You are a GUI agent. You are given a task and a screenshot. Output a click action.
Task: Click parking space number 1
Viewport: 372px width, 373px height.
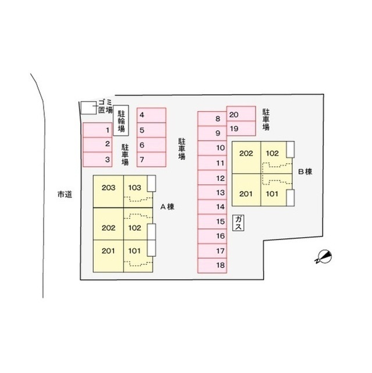pyautogui.click(x=97, y=130)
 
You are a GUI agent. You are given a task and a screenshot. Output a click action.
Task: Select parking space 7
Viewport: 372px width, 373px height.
pyautogui.click(x=151, y=159)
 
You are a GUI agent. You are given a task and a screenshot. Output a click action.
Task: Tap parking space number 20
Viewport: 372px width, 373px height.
pyautogui.click(x=241, y=114)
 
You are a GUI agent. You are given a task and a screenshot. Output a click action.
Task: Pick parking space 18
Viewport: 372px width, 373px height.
pyautogui.click(x=212, y=266)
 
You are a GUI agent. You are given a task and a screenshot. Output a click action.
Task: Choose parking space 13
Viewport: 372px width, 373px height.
pyautogui.click(x=212, y=192)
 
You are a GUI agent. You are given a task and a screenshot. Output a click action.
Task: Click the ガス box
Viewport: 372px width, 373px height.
pyautogui.click(x=238, y=223)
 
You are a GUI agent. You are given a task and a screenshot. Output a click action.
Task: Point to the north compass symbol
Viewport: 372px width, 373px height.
pyautogui.click(x=323, y=257)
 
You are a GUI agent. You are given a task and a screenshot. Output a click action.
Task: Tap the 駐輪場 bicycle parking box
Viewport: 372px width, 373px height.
pyautogui.click(x=121, y=121)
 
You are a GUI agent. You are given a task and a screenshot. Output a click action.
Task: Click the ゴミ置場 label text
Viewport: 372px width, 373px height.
pyautogui.click(x=105, y=106)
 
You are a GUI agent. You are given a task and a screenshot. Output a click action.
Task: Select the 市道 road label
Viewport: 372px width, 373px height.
pyautogui.click(x=65, y=195)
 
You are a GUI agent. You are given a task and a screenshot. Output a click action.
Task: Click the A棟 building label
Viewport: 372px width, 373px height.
pyautogui.click(x=167, y=207)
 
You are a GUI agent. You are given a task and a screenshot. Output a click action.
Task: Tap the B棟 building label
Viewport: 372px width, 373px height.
pyautogui.click(x=305, y=172)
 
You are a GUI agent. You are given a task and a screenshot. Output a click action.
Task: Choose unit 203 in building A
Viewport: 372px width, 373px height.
pyautogui.click(x=108, y=192)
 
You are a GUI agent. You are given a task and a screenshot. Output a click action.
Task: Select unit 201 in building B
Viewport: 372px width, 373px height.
pyautogui.click(x=246, y=190)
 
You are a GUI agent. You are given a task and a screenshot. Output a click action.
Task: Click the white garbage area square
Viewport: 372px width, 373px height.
pyautogui.click(x=88, y=108)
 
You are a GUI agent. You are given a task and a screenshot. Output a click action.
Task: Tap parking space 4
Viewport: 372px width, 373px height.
pyautogui.click(x=151, y=115)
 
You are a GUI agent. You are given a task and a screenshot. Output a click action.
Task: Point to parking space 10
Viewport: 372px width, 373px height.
pyautogui.click(x=212, y=148)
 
